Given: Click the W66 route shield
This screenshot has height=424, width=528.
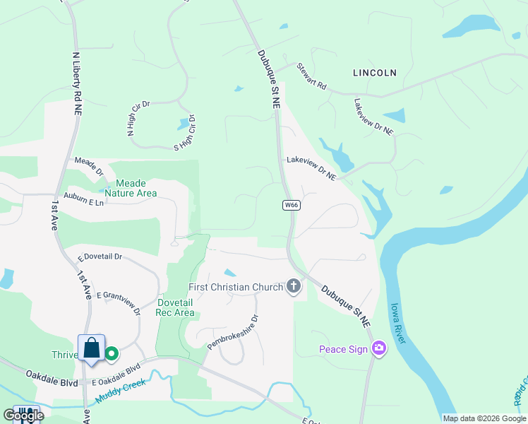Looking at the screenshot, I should tap(292, 205).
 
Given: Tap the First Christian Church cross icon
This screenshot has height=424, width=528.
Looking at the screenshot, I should tap(294, 287).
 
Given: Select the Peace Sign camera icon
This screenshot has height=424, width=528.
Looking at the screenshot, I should tap(379, 348).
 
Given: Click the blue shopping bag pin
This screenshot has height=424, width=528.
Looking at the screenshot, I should tap(92, 348).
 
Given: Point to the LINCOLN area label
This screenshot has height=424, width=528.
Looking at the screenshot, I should tap(374, 73).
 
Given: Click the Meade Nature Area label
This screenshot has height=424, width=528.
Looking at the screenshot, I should tap(131, 187).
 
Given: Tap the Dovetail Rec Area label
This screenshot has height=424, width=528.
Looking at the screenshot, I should tap(175, 307).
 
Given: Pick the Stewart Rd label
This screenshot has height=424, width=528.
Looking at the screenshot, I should tap(311, 76).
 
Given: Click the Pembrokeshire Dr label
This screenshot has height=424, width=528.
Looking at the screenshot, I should tap(233, 332).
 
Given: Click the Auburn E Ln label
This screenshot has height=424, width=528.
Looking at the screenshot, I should tap(83, 201).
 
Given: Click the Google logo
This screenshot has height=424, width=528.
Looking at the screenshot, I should tap(24, 415).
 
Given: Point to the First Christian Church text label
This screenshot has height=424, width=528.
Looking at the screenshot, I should tap(235, 287).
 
